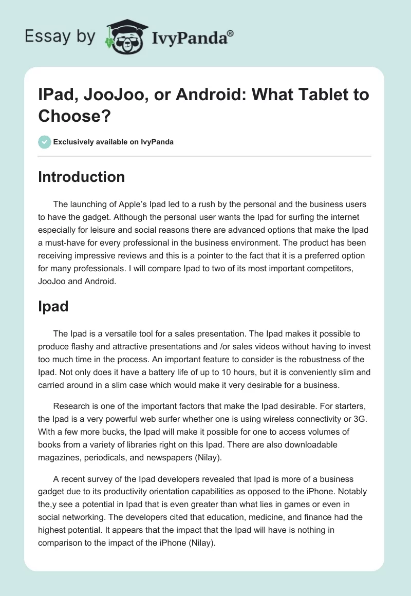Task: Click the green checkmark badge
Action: click(x=45, y=142)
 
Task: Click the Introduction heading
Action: click(x=81, y=177)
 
